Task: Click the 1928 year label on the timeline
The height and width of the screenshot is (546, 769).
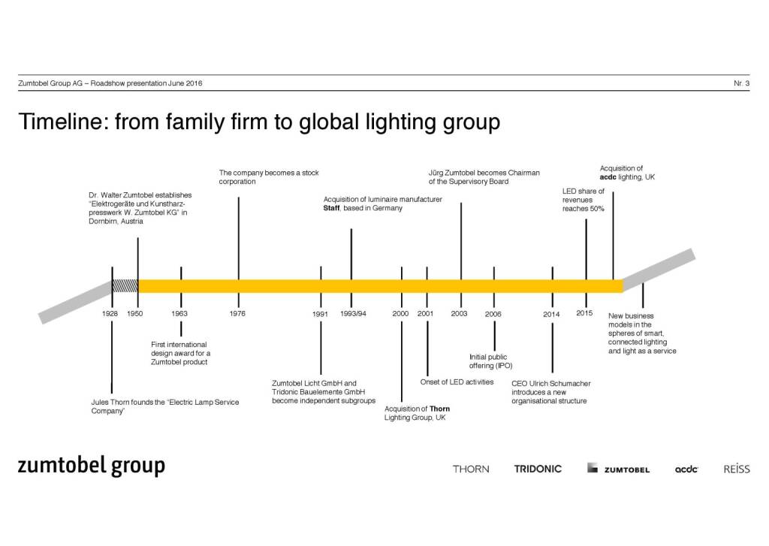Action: [111, 313]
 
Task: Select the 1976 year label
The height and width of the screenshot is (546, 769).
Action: [238, 313]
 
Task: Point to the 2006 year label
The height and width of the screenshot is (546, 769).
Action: [493, 313]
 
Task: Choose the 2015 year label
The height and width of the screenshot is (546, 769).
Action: [585, 312]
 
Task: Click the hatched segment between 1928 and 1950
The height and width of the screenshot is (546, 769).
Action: [125, 285]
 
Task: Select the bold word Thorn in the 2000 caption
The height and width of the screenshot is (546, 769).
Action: [439, 409]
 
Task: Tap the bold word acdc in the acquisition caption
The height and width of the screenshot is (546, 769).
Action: [608, 177]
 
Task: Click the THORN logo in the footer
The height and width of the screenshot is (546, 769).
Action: [471, 469]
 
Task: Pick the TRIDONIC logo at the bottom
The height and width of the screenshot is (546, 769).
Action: [538, 469]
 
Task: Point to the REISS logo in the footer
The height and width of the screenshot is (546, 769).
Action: [736, 469]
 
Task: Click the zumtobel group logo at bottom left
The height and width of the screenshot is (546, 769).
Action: [91, 466]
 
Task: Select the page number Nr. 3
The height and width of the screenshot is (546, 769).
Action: [741, 83]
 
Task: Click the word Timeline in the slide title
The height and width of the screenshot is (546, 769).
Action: [60, 122]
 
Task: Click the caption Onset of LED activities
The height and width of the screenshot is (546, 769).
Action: [457, 382]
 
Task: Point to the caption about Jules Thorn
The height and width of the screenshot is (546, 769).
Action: [164, 407]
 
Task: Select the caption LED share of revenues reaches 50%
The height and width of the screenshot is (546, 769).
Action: [584, 200]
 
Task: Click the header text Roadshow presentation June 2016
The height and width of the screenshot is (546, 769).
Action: [146, 83]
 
